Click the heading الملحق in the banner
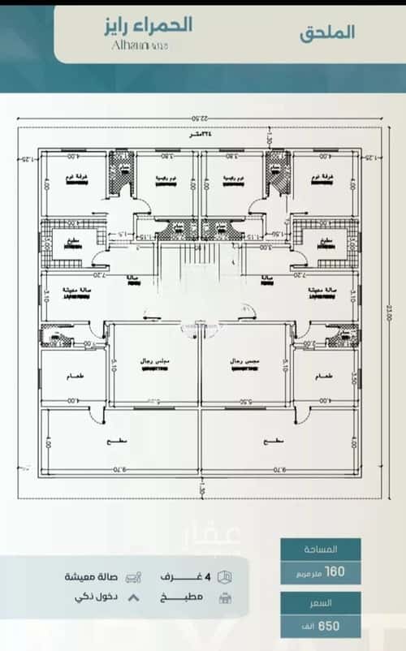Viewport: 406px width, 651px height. (x=327, y=33)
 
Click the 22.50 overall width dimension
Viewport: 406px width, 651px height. (x=201, y=120)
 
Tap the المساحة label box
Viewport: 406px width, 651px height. (x=321, y=549)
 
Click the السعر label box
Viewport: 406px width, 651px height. (x=321, y=604)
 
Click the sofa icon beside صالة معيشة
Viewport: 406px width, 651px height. (x=134, y=576)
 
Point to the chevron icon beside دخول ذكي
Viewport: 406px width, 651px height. (x=134, y=597)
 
